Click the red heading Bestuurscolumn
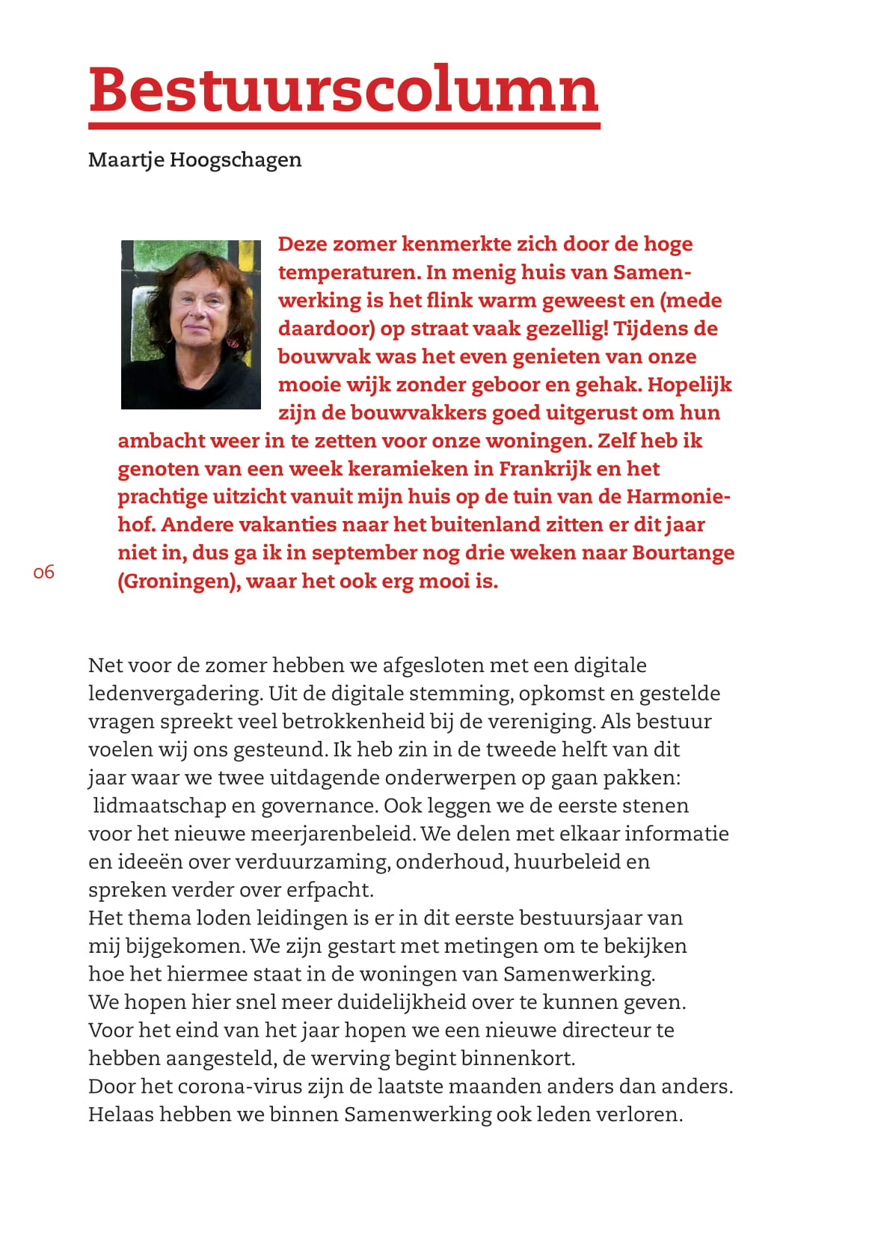click(343, 91)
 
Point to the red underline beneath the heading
click(344, 126)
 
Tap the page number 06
click(44, 573)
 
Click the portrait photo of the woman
click(191, 324)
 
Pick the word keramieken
click(409, 469)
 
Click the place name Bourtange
click(683, 552)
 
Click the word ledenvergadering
click(175, 694)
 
